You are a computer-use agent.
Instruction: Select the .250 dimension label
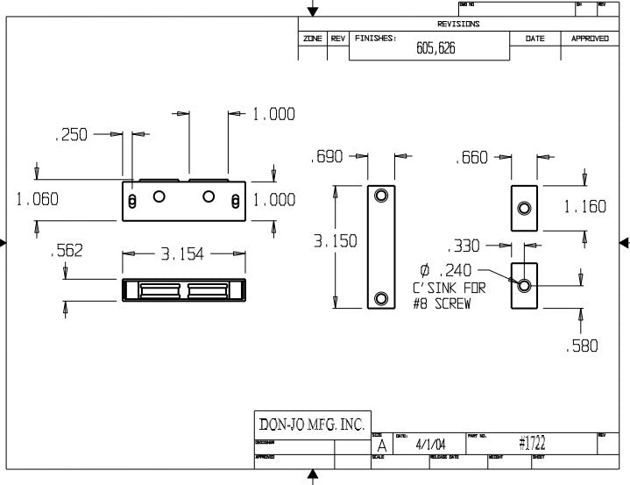coord(71,135)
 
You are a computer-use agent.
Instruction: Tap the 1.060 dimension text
coord(38,199)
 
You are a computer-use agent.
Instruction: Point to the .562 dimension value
coord(67,251)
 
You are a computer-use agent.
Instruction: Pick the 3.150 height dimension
coord(336,241)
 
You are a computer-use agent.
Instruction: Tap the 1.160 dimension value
coord(584,207)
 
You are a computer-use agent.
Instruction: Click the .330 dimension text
coord(464,246)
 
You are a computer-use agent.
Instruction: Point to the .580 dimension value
coord(583,346)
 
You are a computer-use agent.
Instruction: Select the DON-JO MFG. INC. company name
coord(311,424)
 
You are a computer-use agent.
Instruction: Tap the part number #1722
coord(532,444)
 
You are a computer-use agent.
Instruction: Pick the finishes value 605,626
coord(435,49)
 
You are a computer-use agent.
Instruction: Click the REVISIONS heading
coord(457,24)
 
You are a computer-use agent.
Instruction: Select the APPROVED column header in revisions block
coord(590,39)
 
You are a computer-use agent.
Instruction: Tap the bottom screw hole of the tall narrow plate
coord(381,298)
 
